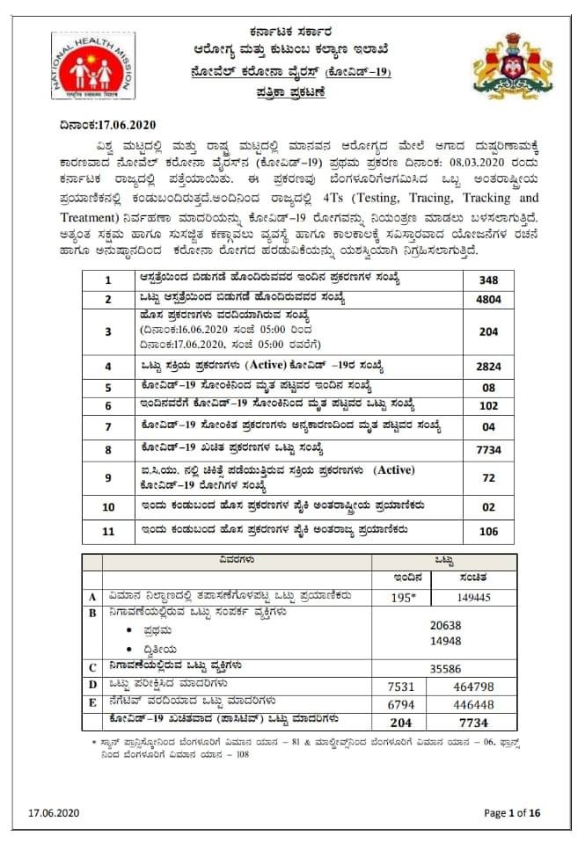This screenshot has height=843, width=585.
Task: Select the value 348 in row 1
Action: click(488, 280)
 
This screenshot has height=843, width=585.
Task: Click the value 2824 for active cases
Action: click(488, 366)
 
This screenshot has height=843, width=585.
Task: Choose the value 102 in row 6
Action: click(488, 406)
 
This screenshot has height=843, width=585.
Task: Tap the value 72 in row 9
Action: click(488, 478)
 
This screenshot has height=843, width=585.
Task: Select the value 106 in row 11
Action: click(488, 531)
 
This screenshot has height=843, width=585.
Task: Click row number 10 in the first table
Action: click(108, 507)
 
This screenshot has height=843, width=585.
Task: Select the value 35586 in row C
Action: click(445, 668)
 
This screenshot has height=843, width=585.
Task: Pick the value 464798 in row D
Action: click(479, 686)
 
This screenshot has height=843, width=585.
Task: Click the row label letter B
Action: click(92, 613)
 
